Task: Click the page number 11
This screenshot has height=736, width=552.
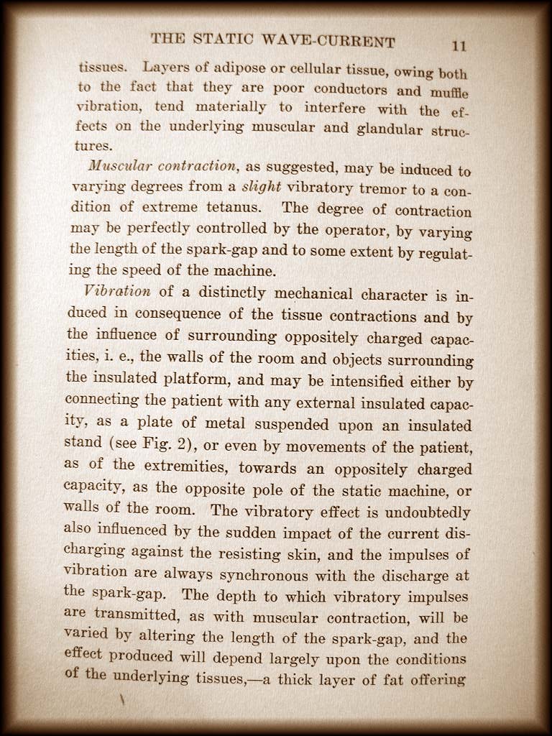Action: [459, 46]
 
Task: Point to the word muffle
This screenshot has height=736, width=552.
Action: [448, 93]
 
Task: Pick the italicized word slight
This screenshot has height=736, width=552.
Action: [260, 187]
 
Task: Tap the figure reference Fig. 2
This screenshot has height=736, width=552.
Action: [164, 442]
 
